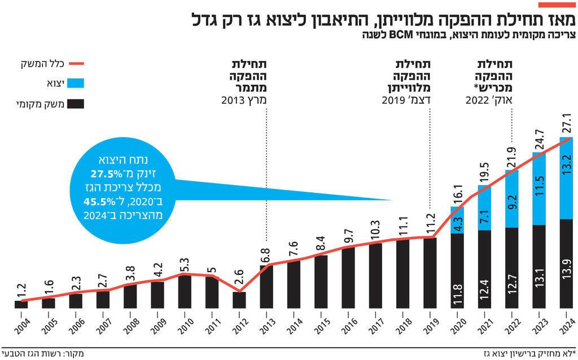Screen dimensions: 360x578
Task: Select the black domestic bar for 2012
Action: [x=239, y=300]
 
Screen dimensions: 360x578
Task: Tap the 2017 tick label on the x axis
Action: [x=376, y=326]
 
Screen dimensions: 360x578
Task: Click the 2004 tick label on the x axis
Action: [x=21, y=326]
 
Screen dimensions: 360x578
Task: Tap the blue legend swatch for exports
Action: [x=75, y=84]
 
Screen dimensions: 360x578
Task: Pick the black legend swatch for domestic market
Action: [x=75, y=104]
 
